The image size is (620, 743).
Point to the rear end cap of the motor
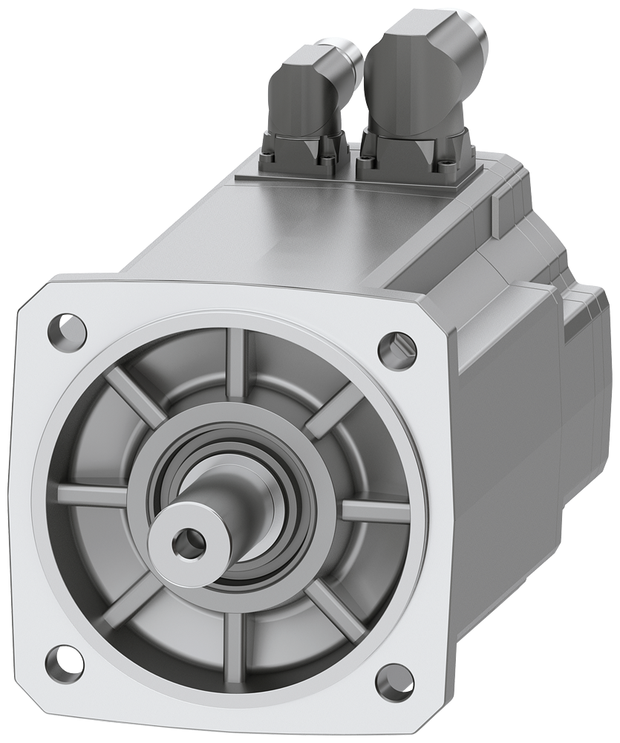(587, 371)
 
